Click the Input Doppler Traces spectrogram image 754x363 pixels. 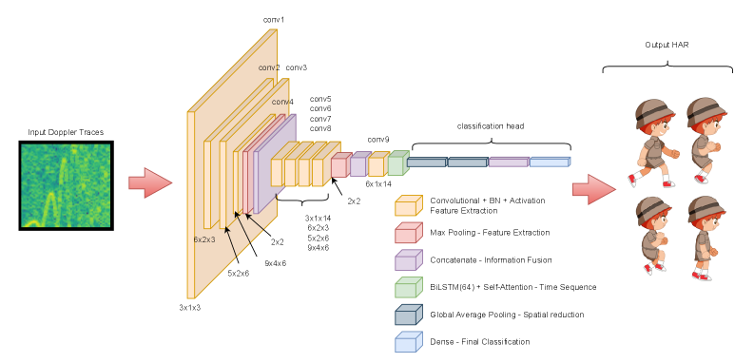[67, 185]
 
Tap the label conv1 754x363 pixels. [274, 20]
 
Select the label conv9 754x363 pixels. [378, 140]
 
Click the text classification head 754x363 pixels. [491, 126]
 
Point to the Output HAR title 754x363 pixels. [667, 45]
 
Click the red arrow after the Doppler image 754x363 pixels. [150, 183]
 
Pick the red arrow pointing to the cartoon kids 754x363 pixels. [594, 189]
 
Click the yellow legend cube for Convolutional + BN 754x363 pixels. [409, 205]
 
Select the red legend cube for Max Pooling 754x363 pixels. [409, 233]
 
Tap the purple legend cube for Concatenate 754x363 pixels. [409, 260]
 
